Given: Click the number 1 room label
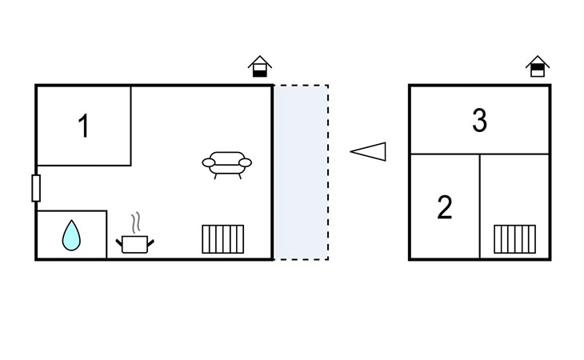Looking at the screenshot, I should pyautogui.click(x=83, y=126).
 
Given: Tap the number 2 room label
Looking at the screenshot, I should pyautogui.click(x=445, y=207).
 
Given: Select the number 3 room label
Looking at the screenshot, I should pyautogui.click(x=479, y=121).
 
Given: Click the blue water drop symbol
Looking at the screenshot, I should pyautogui.click(x=72, y=235).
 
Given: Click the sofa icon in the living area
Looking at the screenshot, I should pyautogui.click(x=226, y=164).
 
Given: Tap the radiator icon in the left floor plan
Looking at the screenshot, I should pyautogui.click(x=222, y=238).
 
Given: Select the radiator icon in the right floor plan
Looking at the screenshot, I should pyautogui.click(x=514, y=238).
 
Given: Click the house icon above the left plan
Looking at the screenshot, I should pyautogui.click(x=259, y=66).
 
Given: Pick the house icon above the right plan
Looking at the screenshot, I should pyautogui.click(x=538, y=66).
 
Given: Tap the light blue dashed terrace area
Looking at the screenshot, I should pyautogui.click(x=302, y=172).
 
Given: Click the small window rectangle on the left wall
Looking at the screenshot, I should pyautogui.click(x=36, y=188).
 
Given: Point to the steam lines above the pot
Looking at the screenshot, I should pyautogui.click(x=137, y=222).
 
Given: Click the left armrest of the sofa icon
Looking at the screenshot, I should pyautogui.click(x=209, y=163).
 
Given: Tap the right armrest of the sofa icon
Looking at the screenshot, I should pyautogui.click(x=245, y=163).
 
